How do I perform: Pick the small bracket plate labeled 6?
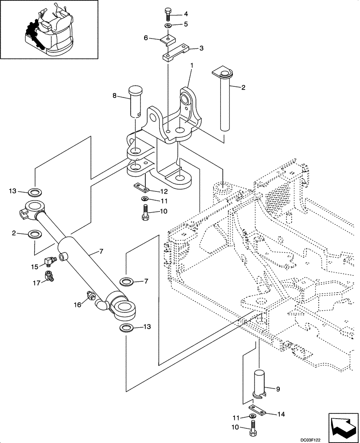point(166,40)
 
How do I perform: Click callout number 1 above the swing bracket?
point(191,66)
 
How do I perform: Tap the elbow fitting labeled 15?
point(49,262)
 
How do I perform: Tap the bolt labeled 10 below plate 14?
point(253,428)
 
